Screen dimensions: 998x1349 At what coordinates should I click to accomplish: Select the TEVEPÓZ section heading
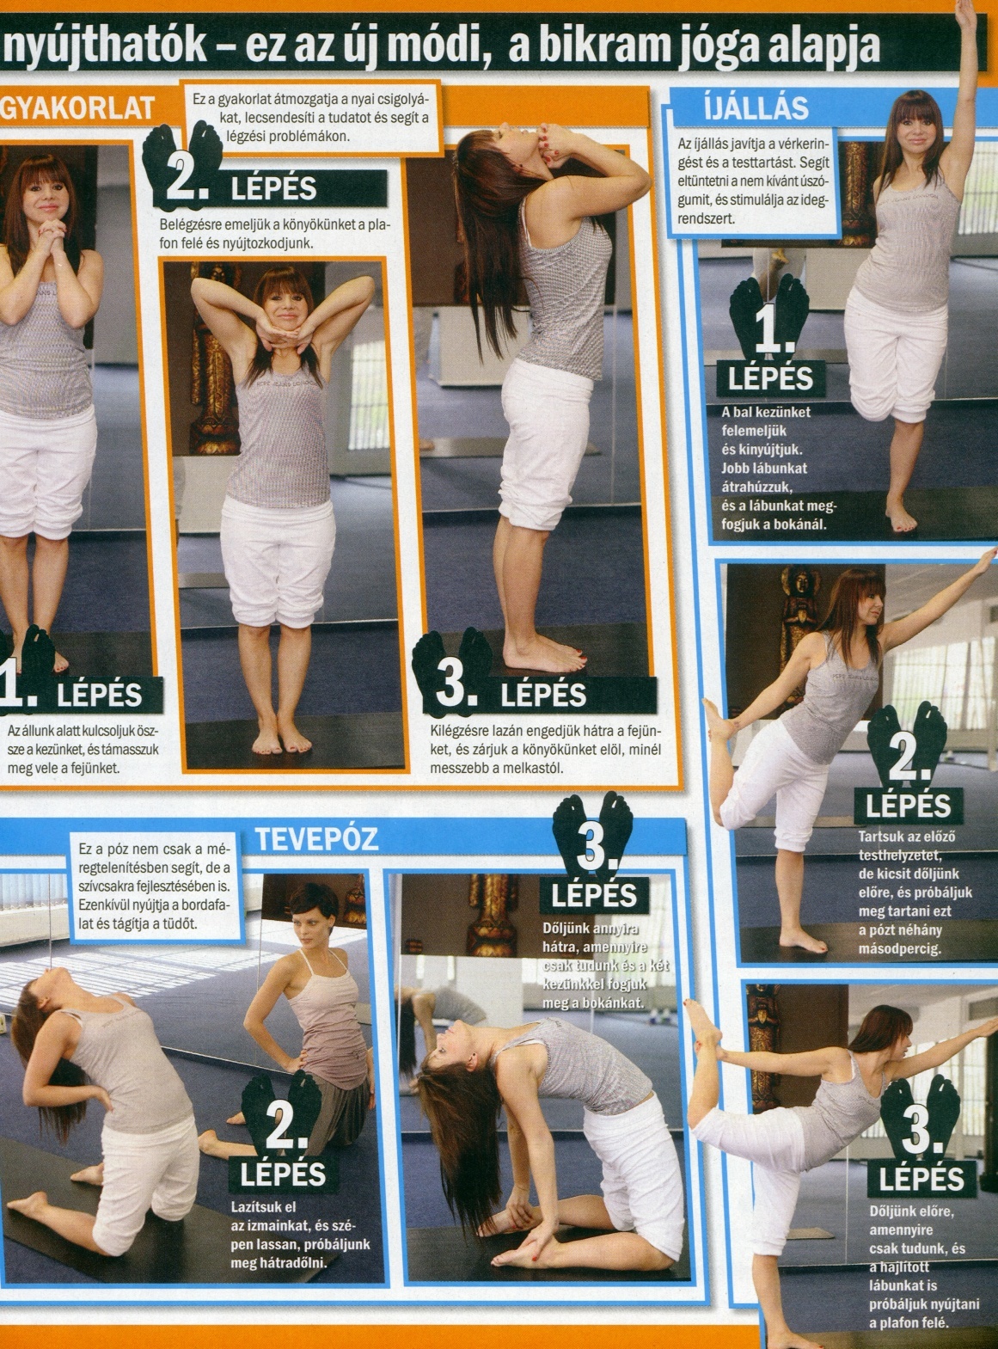(x=317, y=839)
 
